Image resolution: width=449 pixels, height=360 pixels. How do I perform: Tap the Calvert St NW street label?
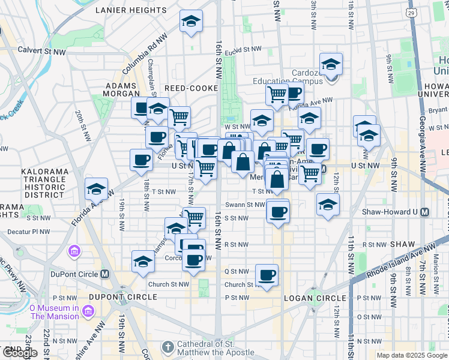coord(41,52)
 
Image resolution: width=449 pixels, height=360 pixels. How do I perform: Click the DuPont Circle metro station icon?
coord(105,274)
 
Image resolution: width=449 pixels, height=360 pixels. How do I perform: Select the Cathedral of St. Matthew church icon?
coord(167,347)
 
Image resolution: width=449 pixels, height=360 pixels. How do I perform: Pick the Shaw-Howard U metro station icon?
coord(425,212)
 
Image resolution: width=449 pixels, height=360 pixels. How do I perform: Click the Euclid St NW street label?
coord(244,49)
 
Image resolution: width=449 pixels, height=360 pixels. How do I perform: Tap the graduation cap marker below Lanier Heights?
coord(191,22)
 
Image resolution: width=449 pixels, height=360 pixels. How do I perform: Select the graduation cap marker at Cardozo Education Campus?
coord(331,64)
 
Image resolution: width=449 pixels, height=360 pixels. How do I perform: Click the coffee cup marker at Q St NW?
coord(267,275)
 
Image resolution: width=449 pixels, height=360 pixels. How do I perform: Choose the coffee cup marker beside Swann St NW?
coord(278,211)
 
